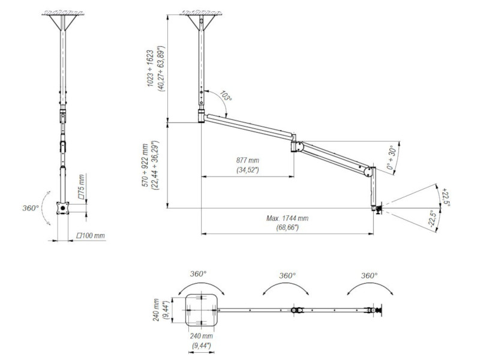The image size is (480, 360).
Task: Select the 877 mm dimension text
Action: [x=247, y=161]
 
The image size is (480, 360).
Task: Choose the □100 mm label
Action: [x=92, y=236]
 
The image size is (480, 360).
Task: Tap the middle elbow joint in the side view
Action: [x=296, y=146]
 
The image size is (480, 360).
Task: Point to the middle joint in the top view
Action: [x=296, y=310]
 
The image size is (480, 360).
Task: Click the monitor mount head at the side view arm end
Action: [x=377, y=208]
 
